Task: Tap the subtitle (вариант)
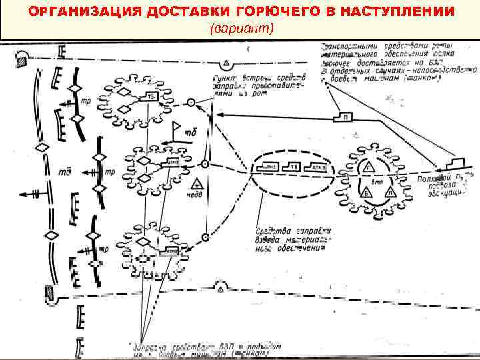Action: coord(241,30)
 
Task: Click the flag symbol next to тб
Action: coord(177,128)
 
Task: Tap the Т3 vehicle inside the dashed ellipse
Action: coord(291,167)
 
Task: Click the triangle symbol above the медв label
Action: coord(197,183)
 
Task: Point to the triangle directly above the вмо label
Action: coord(366,166)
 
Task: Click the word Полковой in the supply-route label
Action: coord(431,178)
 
